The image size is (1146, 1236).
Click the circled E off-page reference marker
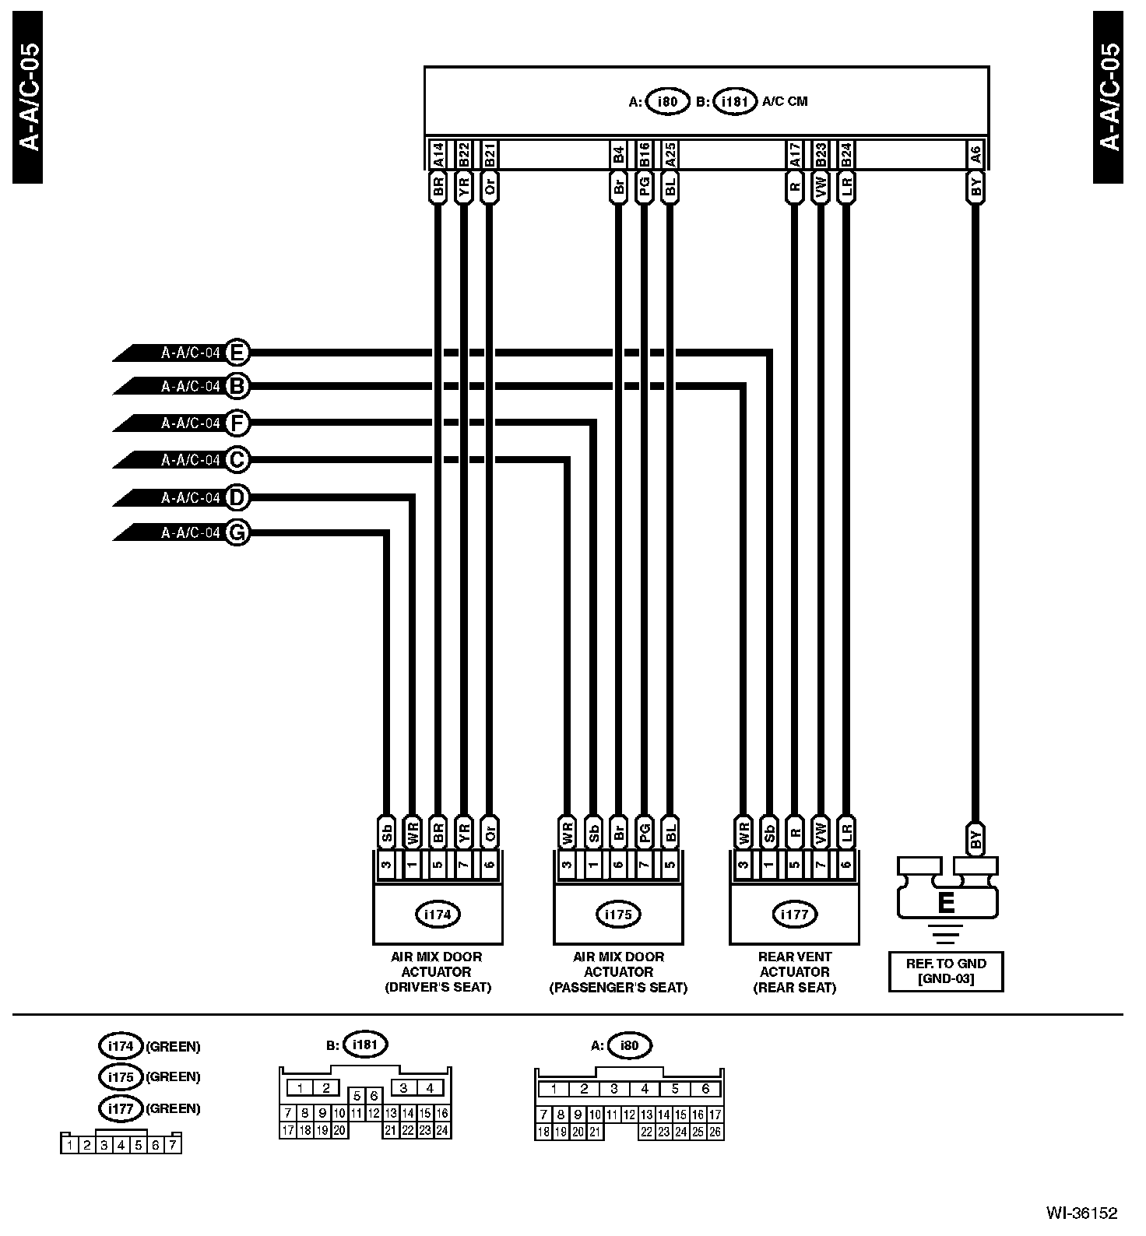tap(237, 353)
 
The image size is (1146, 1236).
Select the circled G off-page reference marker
tap(237, 532)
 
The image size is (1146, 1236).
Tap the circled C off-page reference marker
tap(237, 460)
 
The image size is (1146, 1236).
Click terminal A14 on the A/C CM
tap(438, 154)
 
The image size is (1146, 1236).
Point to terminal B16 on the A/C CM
tap(644, 154)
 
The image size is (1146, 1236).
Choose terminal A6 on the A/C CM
tap(975, 154)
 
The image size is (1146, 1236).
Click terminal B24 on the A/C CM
tap(846, 154)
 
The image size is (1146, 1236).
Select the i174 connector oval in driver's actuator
tap(438, 915)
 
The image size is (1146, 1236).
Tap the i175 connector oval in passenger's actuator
tap(618, 915)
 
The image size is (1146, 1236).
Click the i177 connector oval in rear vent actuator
tap(795, 915)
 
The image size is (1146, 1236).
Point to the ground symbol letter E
tap(947, 903)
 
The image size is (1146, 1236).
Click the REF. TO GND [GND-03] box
tap(946, 971)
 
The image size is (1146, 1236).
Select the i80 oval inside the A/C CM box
tap(668, 101)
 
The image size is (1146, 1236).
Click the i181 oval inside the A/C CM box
tap(735, 101)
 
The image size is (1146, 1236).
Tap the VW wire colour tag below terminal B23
tap(821, 186)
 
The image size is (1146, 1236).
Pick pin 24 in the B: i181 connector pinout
tap(442, 1131)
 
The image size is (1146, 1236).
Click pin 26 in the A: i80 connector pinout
tap(715, 1132)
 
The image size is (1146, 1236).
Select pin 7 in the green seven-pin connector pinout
tap(173, 1144)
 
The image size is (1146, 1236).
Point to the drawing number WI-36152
tap(1081, 1213)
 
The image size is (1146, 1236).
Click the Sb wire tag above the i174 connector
tap(386, 832)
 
